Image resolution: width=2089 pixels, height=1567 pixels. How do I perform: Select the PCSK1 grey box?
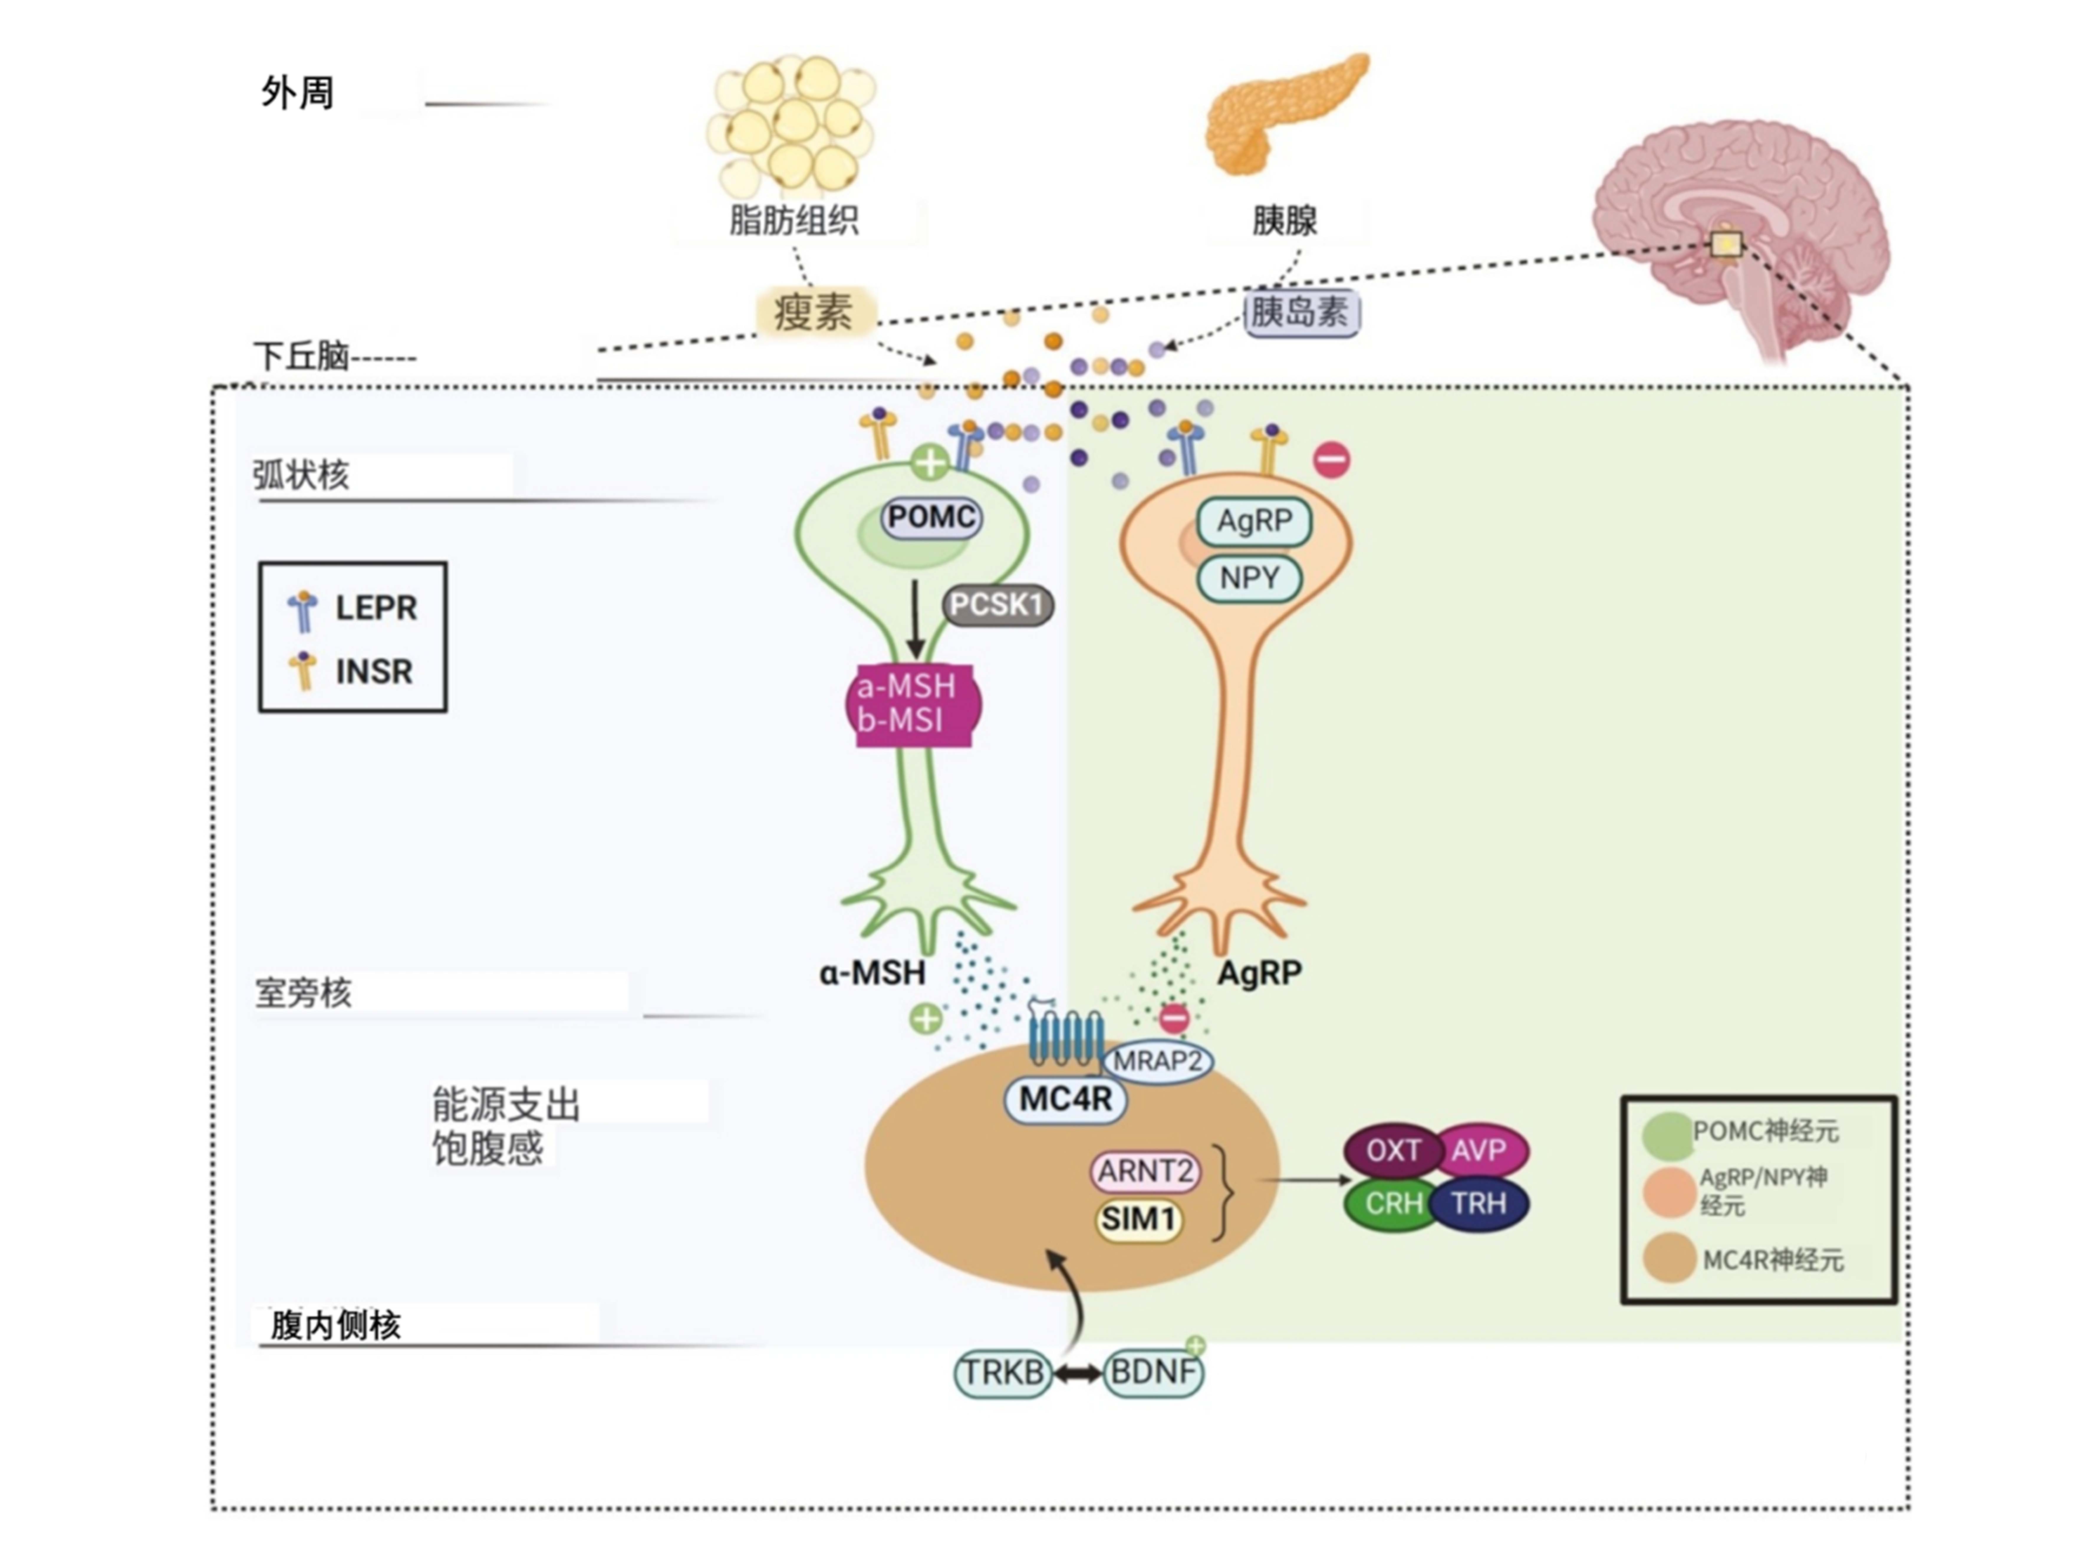997,604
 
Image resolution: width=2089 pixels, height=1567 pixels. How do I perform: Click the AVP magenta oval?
1480,1150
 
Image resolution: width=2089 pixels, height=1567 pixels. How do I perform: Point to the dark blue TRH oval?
1480,1203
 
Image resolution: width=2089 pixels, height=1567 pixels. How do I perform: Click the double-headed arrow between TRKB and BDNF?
1078,1373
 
